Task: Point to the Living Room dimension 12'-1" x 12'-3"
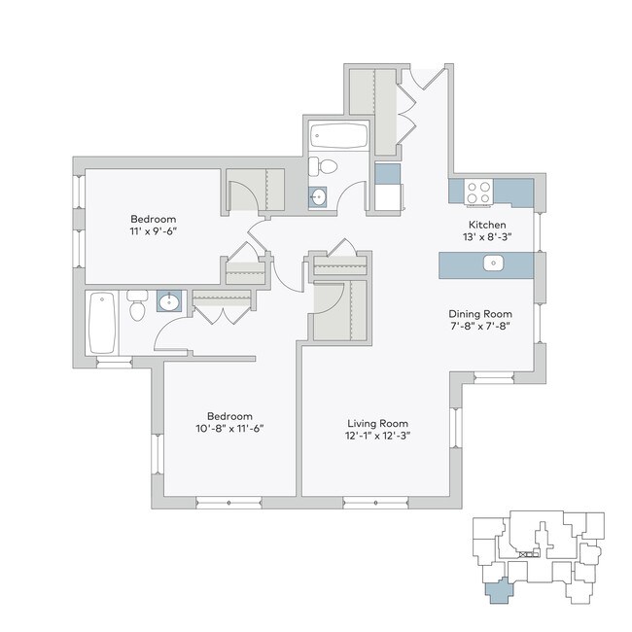pos(378,437)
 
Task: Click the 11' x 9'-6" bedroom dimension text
pos(153,232)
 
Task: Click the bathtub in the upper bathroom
pos(337,136)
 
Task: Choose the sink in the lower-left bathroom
pos(168,300)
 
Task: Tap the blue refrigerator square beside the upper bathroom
pos(386,174)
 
